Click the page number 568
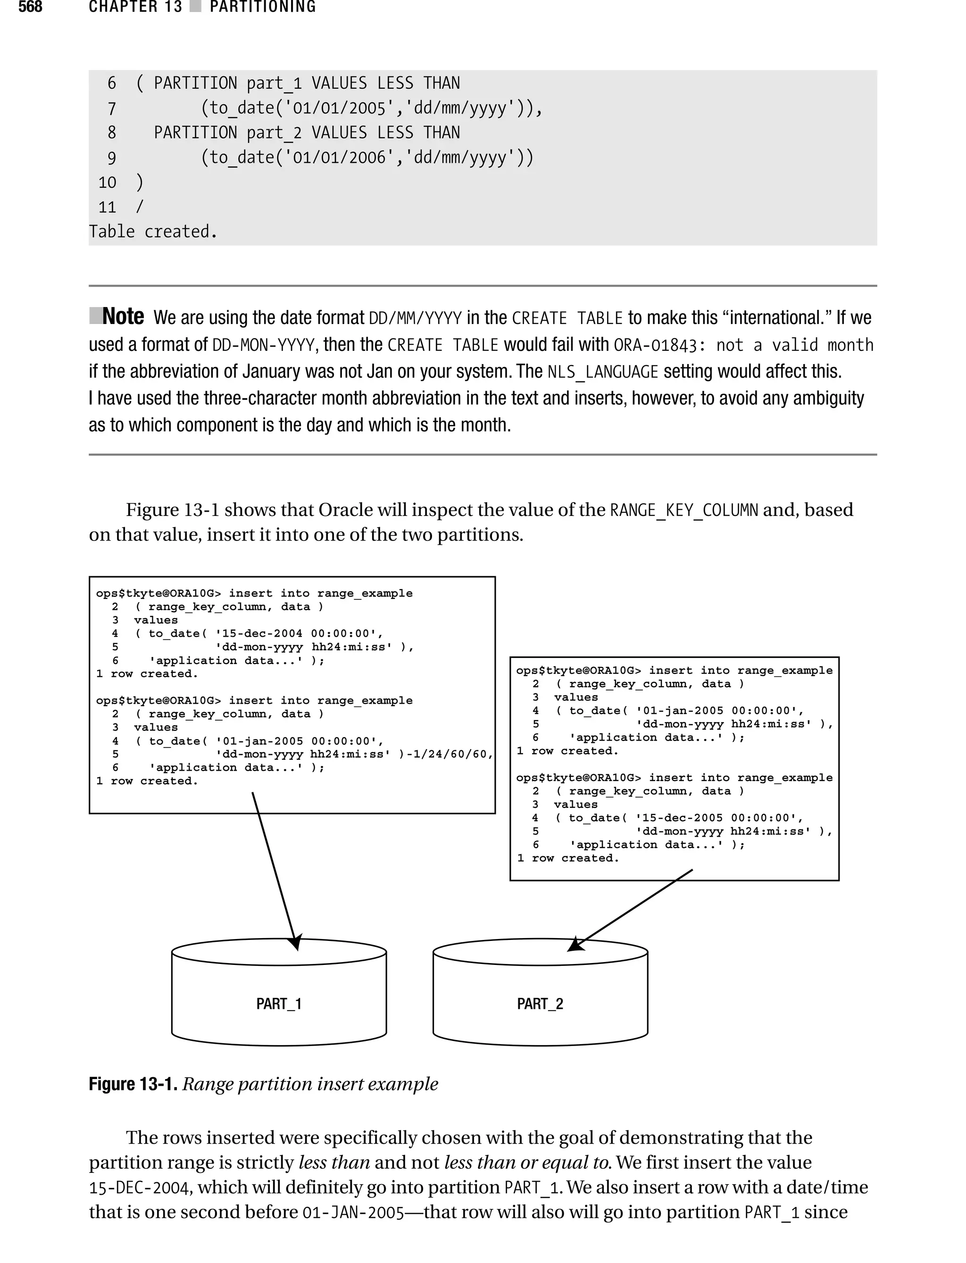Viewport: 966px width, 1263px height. tap(31, 7)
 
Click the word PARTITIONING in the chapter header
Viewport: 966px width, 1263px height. tap(263, 7)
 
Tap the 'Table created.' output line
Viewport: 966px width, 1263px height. tap(153, 232)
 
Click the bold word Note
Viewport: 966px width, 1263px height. tap(123, 317)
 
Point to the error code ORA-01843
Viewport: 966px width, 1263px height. tap(655, 345)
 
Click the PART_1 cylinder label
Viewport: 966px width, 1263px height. tap(279, 1004)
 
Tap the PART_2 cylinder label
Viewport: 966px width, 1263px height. tap(540, 1004)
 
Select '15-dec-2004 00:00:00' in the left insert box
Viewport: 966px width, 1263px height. tap(299, 633)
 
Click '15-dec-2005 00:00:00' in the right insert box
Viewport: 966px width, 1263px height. tap(719, 817)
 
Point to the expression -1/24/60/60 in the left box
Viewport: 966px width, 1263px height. tap(450, 754)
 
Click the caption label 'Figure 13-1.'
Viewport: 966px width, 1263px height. tap(133, 1084)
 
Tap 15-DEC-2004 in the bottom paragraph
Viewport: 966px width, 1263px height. tap(140, 1188)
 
